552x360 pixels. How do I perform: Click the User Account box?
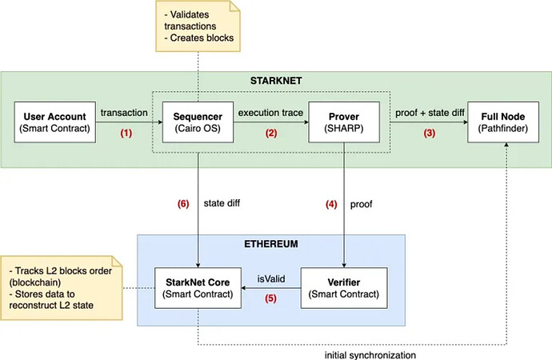[54, 122]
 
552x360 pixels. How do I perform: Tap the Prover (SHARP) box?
[343, 122]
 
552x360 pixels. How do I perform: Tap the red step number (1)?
[126, 134]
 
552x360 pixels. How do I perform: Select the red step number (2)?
[270, 134]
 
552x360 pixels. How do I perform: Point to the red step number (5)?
[270, 299]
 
